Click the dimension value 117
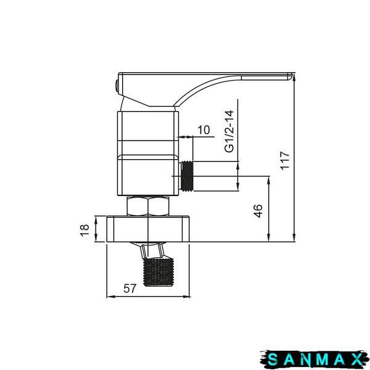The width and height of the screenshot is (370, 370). click(x=285, y=160)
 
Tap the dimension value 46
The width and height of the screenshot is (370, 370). click(x=258, y=211)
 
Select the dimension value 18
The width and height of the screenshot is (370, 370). click(x=84, y=230)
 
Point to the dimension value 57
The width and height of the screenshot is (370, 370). click(x=129, y=289)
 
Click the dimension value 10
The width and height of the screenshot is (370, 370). click(x=203, y=129)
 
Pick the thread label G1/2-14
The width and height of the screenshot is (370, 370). click(x=229, y=131)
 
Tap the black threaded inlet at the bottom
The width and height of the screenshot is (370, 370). click(x=158, y=273)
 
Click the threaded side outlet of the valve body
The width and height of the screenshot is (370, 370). click(x=187, y=176)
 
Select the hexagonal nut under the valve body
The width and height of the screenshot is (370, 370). click(x=148, y=206)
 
